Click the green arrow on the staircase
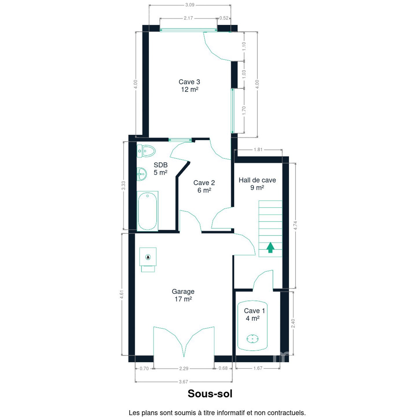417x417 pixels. (x=270, y=247)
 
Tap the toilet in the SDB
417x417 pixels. (x=146, y=151)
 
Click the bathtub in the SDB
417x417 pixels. (x=147, y=211)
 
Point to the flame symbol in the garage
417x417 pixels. (x=148, y=257)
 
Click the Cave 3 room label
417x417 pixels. (x=189, y=85)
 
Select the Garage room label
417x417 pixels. (x=183, y=295)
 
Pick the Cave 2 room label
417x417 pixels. (x=204, y=186)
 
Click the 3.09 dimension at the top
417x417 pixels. (x=190, y=5)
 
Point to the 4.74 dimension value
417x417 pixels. (x=295, y=226)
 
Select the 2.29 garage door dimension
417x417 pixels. (x=184, y=369)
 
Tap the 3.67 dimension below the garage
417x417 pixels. (x=183, y=382)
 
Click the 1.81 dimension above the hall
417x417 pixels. (x=258, y=149)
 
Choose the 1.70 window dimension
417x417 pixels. (x=244, y=111)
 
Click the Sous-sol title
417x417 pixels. (x=210, y=394)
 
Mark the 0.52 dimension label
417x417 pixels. (x=224, y=18)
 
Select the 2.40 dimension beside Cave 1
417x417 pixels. (x=293, y=323)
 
